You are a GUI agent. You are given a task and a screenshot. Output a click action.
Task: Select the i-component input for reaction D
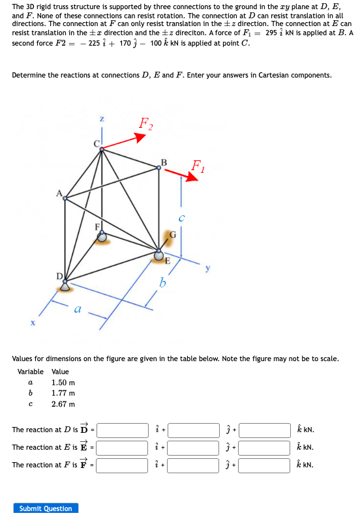coord(123,430)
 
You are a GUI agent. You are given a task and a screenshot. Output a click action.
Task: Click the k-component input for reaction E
coord(265,448)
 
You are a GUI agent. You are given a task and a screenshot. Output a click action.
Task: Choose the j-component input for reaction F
coord(194,465)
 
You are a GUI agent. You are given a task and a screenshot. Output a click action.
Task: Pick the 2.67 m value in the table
coord(63,404)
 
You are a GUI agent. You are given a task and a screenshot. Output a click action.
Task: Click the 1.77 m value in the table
coord(63,393)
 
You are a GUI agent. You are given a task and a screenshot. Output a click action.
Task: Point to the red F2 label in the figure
coord(146,123)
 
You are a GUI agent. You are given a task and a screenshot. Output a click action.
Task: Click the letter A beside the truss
coord(59,193)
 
